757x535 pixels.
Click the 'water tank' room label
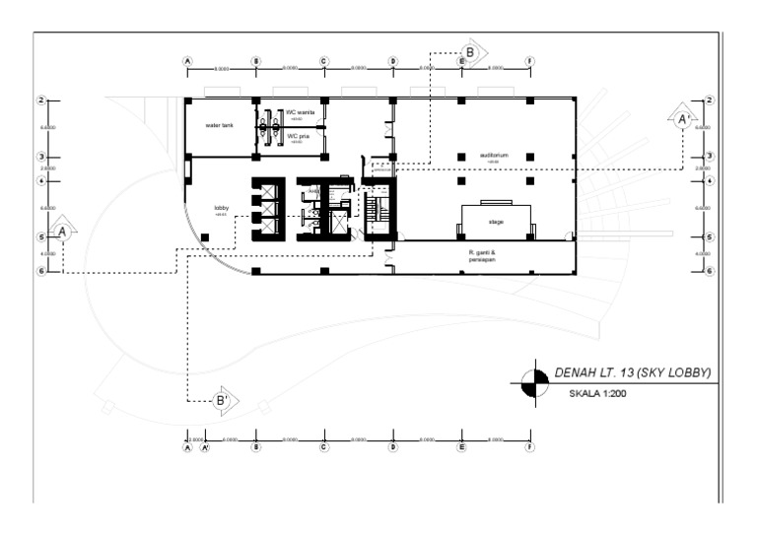click(219, 126)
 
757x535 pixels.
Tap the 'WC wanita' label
click(299, 113)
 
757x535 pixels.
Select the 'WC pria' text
click(298, 136)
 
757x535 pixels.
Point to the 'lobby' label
click(221, 208)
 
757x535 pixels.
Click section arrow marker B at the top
click(471, 51)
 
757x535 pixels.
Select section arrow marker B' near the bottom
click(224, 400)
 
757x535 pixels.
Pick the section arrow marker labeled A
click(63, 232)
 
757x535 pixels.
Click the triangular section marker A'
click(681, 118)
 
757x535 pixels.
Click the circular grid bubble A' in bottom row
click(205, 446)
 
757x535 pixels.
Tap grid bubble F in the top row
click(529, 61)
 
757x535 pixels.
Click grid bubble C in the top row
click(323, 61)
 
